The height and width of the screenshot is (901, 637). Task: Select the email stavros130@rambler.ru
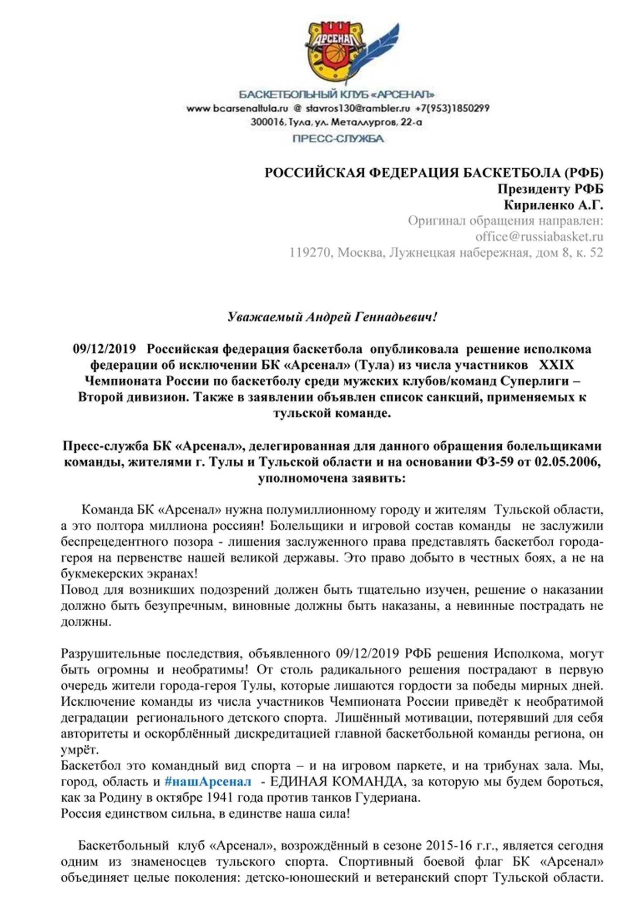[357, 109]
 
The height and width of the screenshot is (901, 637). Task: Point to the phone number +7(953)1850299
[452, 109]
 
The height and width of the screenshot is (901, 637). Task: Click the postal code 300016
[267, 122]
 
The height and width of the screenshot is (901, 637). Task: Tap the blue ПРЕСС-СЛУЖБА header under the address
[338, 139]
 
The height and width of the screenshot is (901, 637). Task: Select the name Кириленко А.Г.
[553, 205]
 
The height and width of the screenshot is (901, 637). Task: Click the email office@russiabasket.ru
[539, 237]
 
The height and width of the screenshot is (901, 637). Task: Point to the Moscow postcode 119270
[310, 253]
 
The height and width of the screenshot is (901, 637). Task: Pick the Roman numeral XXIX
[556, 365]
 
